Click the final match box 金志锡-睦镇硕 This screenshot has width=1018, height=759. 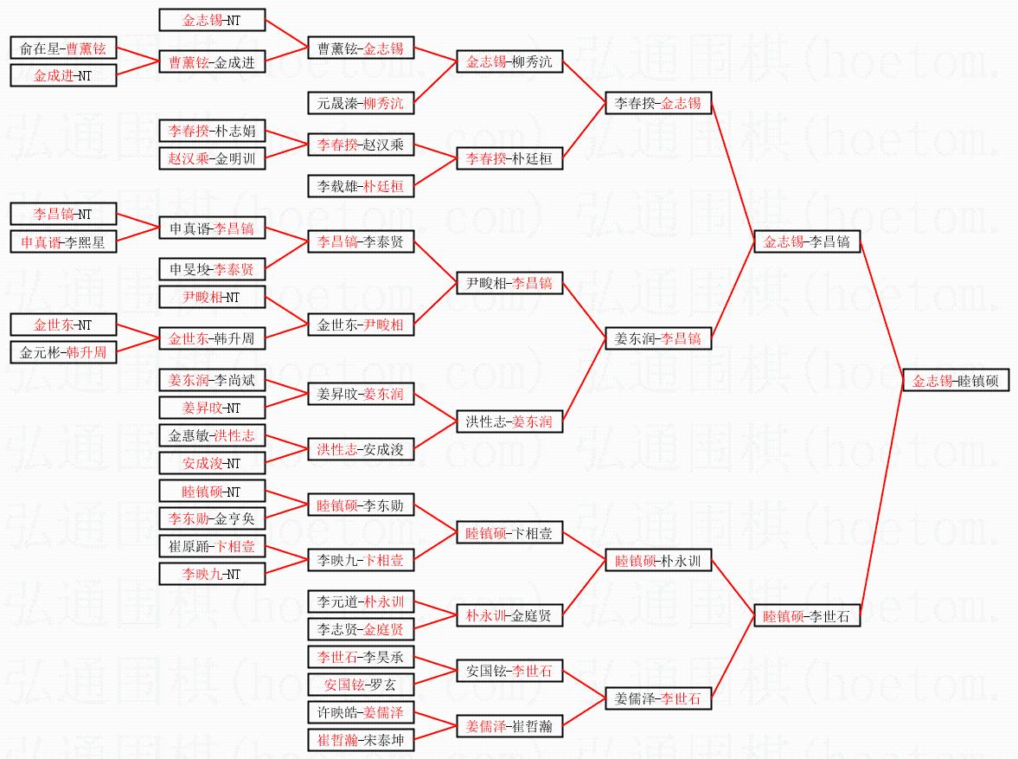coord(956,381)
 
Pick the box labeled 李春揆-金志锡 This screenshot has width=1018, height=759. coord(658,104)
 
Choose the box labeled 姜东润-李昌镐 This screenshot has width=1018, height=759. coord(658,338)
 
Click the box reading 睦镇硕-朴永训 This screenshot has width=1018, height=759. coord(658,562)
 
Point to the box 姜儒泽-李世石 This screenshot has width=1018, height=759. coord(658,698)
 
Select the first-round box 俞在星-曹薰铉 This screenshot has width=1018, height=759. coord(62,48)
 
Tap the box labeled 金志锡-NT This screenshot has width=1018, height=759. coord(212,21)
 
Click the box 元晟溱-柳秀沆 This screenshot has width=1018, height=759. coord(361,104)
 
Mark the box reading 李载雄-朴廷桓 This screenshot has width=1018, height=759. coord(361,186)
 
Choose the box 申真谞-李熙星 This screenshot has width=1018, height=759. coord(62,243)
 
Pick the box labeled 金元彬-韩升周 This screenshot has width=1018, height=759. coord(62,353)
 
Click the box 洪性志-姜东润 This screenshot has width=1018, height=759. coord(509,422)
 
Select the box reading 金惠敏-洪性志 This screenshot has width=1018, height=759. coord(212,436)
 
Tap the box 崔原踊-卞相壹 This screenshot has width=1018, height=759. coord(212,547)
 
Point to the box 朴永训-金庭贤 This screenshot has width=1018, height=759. coord(509,616)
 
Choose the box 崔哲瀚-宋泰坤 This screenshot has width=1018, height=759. coord(361,740)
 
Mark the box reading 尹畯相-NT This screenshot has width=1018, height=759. coord(212,298)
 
